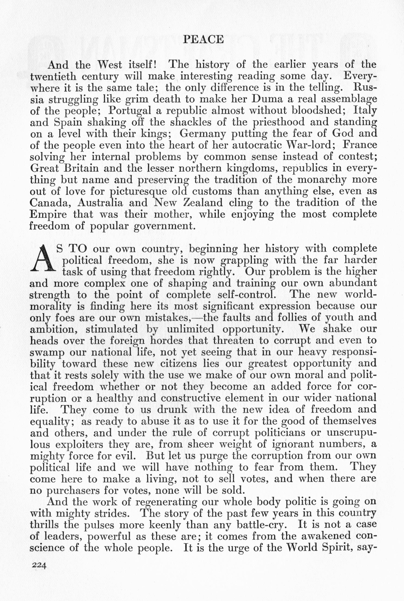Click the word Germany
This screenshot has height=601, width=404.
point(199,134)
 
